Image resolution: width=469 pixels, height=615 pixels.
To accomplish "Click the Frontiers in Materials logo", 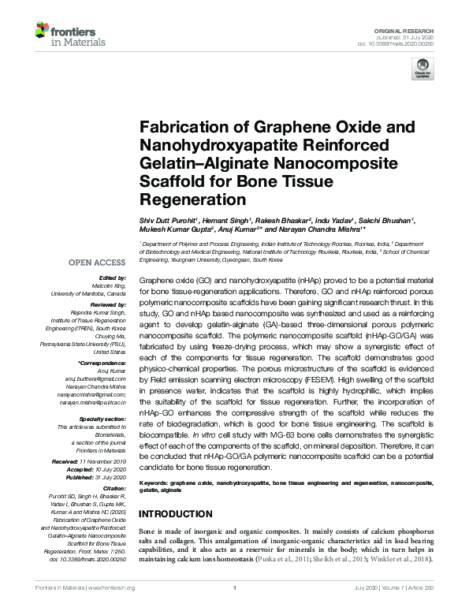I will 64,33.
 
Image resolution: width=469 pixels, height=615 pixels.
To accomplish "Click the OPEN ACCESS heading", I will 99,263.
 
